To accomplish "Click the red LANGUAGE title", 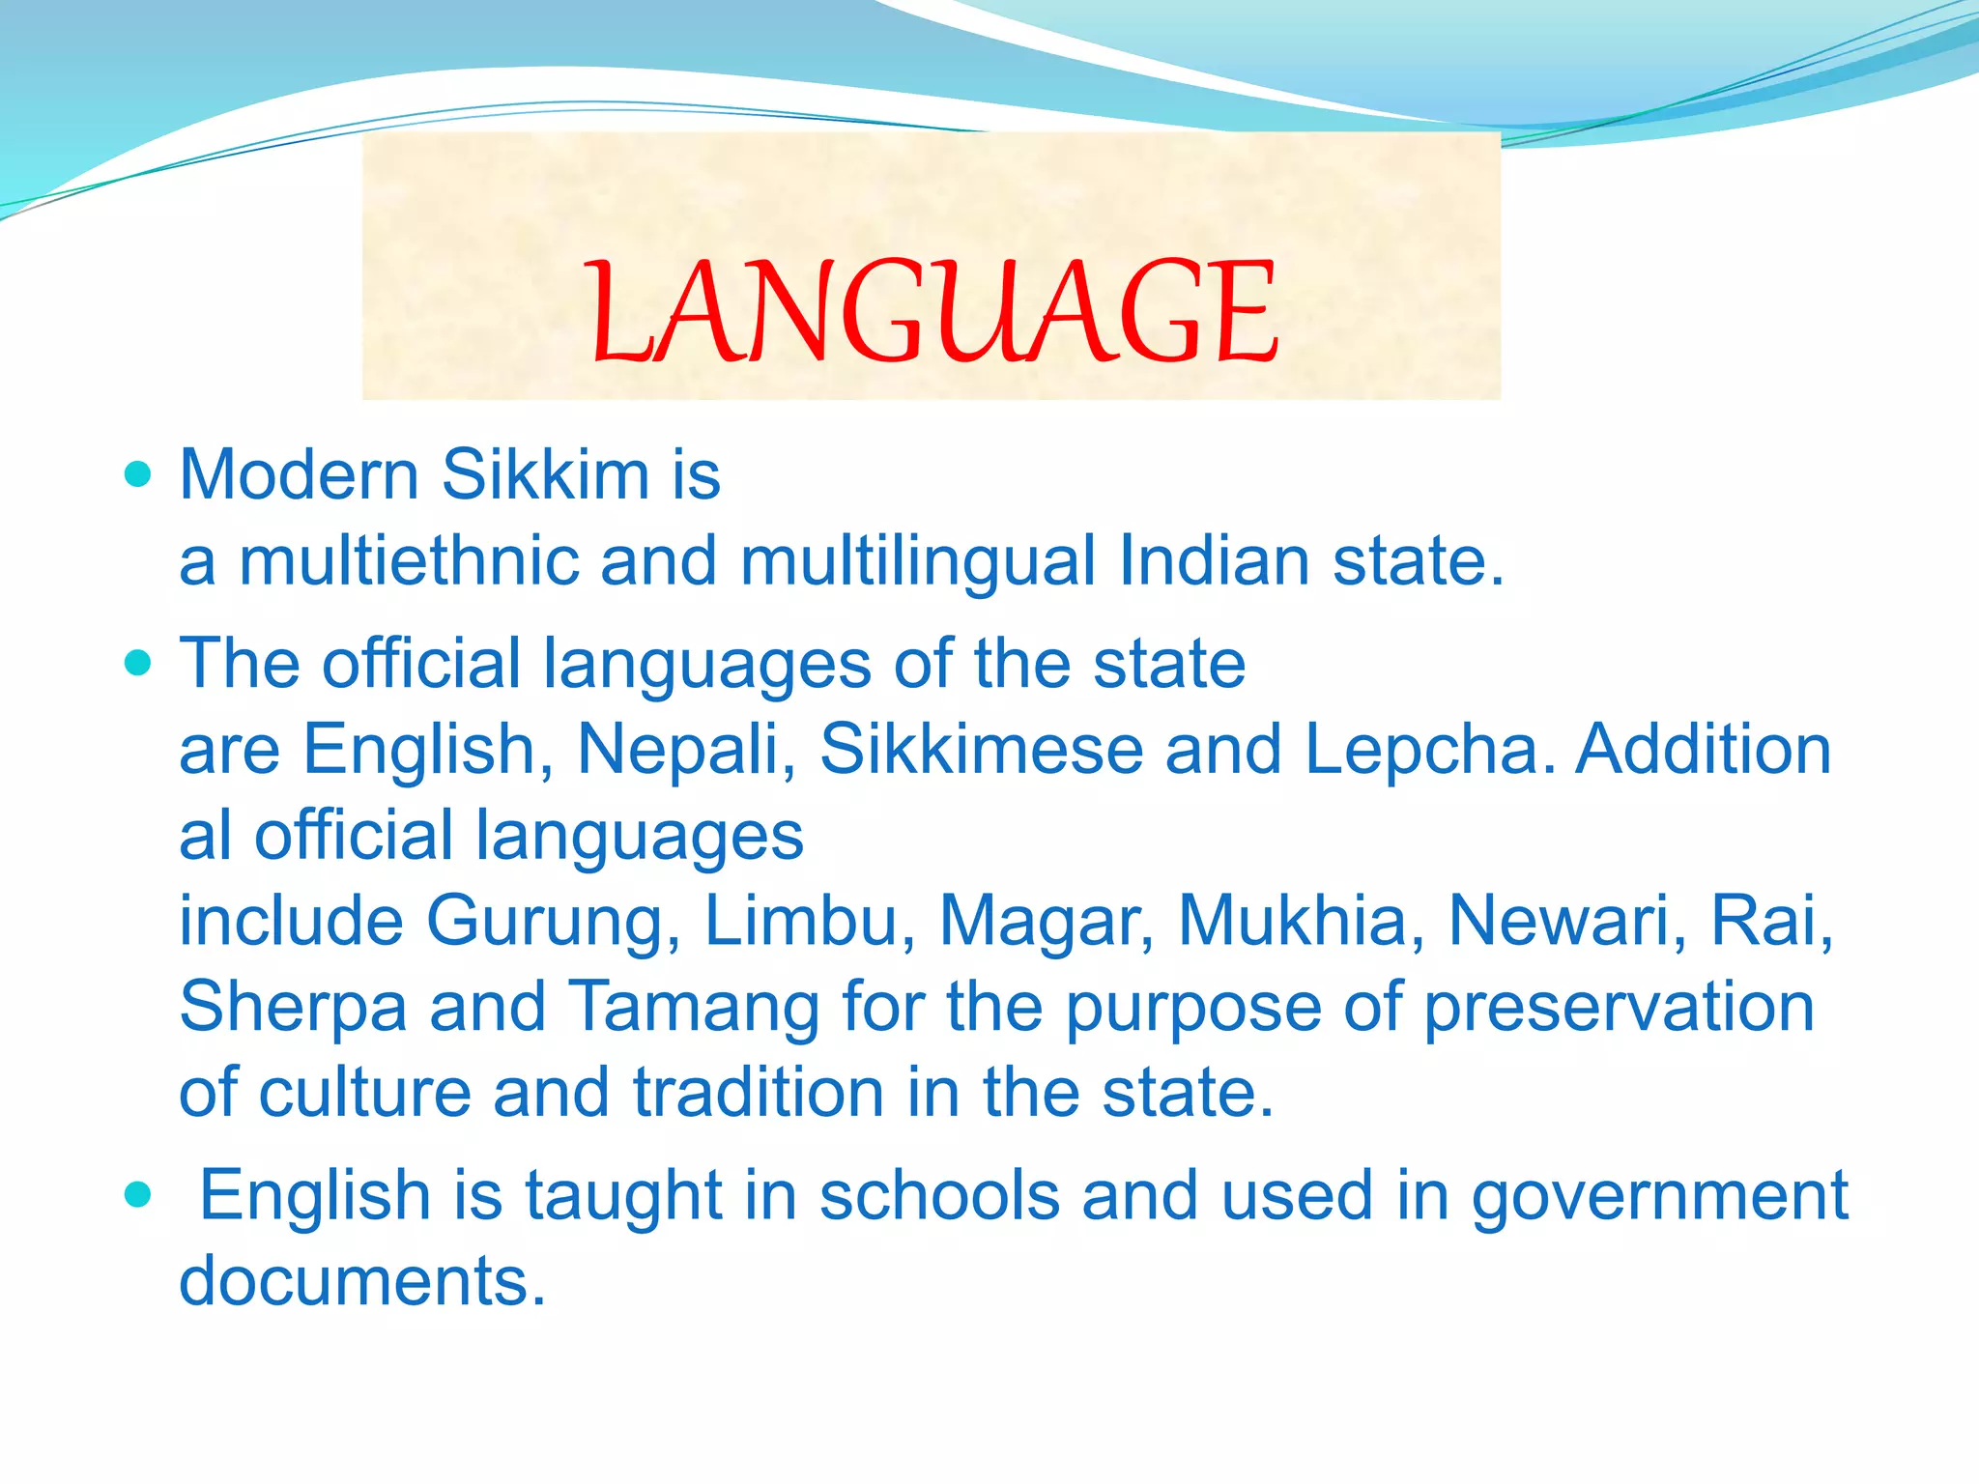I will pos(933,311).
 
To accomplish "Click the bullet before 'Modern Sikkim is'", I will pos(139,474).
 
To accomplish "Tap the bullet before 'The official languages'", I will pos(139,663).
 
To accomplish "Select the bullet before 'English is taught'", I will pos(139,1195).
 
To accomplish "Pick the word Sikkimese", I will pos(981,750).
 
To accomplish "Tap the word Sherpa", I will pos(293,1008).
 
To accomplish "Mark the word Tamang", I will pos(693,1008).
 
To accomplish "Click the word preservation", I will pos(1620,1008).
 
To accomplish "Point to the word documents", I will pos(362,1281).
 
